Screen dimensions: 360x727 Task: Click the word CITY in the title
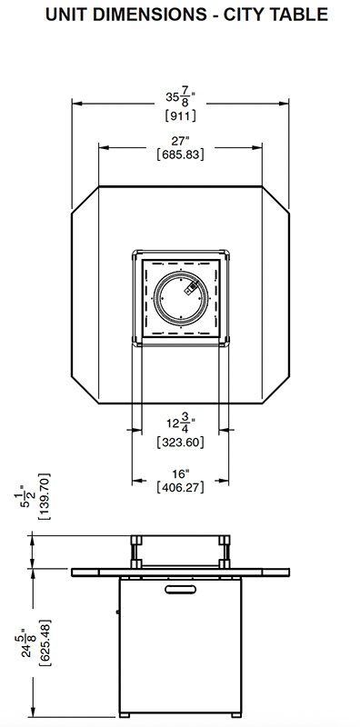(x=244, y=15)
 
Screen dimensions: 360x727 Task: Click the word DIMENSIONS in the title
(x=149, y=15)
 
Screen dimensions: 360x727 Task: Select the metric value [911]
(x=181, y=115)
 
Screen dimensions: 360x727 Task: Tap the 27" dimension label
(x=181, y=141)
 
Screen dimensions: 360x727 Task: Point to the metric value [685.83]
(x=181, y=154)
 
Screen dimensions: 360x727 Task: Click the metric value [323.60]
(x=181, y=442)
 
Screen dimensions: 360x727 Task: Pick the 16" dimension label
(x=181, y=473)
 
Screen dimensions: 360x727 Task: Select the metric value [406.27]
(x=181, y=487)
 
